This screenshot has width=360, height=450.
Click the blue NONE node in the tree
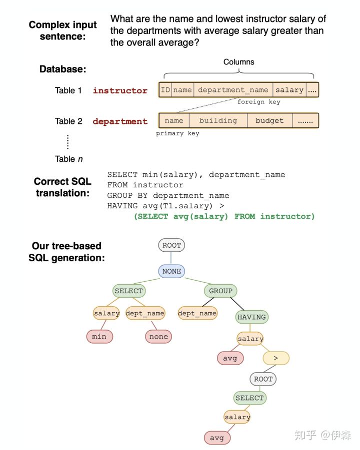coord(171,271)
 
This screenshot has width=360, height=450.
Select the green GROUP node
coord(220,291)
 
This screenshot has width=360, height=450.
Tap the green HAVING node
coord(251,317)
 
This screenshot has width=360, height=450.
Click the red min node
coord(99,336)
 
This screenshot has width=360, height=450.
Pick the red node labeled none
coord(158,336)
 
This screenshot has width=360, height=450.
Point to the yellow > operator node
coord(275,358)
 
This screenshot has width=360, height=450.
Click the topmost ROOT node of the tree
coord(171,245)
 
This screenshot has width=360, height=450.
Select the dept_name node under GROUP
coord(197,313)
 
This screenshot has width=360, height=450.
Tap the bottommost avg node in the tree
coord(217,438)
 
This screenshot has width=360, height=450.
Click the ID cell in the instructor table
coord(165,90)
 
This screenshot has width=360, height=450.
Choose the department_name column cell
coord(233,90)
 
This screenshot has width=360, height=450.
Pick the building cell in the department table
coord(218,120)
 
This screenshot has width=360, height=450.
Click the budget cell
coord(269,120)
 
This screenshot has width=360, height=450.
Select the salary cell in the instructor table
coord(289,90)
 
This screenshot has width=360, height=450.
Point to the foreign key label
coord(258,102)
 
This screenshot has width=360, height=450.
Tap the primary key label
coord(177,133)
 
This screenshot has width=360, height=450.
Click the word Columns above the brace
coord(238,62)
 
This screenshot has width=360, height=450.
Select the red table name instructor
coord(120,90)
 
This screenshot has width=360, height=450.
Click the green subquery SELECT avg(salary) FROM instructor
coord(224,216)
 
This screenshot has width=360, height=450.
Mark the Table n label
coord(68,159)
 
